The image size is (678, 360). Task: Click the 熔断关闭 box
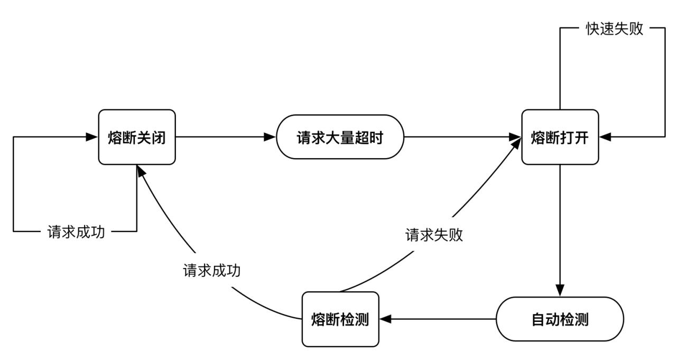[137, 137]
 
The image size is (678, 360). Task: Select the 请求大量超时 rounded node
[340, 137]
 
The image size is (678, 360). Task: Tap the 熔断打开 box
[560, 137]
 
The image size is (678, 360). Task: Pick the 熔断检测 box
[340, 319]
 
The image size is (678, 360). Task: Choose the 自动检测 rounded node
[560, 319]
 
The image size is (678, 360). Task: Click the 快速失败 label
[615, 29]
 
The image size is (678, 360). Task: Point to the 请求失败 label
[434, 235]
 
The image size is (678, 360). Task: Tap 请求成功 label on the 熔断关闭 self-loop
[76, 232]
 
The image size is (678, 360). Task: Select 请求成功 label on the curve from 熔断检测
[211, 270]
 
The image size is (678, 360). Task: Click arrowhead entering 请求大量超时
[270, 137]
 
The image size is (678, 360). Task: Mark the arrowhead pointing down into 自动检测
[560, 291]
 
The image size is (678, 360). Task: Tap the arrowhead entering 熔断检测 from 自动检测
[385, 319]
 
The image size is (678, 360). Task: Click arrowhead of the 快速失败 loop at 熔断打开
[605, 137]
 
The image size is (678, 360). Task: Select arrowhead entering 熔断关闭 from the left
[92, 137]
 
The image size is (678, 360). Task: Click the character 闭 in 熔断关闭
[159, 138]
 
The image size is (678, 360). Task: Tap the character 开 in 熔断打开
[581, 138]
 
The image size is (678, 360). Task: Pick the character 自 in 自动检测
[538, 320]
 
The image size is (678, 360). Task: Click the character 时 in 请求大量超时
[376, 138]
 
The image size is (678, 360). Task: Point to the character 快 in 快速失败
[592, 29]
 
